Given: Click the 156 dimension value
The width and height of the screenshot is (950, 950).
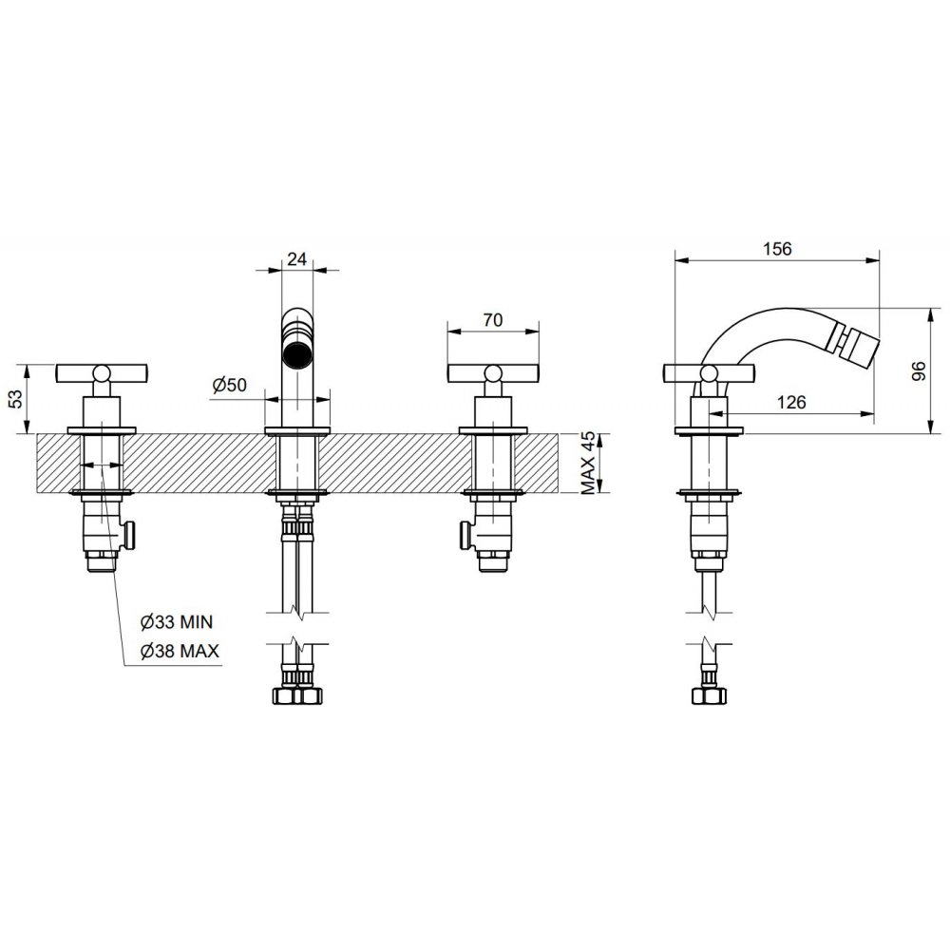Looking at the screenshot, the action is pyautogui.click(x=777, y=248).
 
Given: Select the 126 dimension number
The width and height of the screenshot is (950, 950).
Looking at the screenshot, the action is pyautogui.click(x=791, y=402).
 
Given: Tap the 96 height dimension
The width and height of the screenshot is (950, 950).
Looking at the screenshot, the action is pyautogui.click(x=919, y=370).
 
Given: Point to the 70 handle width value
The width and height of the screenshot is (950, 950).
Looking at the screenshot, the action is pyautogui.click(x=493, y=319).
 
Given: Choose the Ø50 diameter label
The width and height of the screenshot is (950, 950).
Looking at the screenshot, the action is pyautogui.click(x=230, y=384).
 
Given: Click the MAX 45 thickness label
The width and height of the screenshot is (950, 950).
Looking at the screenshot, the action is pyautogui.click(x=589, y=464).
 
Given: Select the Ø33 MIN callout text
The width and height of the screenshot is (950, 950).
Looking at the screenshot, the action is pyautogui.click(x=177, y=621).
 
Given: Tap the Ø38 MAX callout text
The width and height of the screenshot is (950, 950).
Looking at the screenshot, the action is pyautogui.click(x=180, y=652).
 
